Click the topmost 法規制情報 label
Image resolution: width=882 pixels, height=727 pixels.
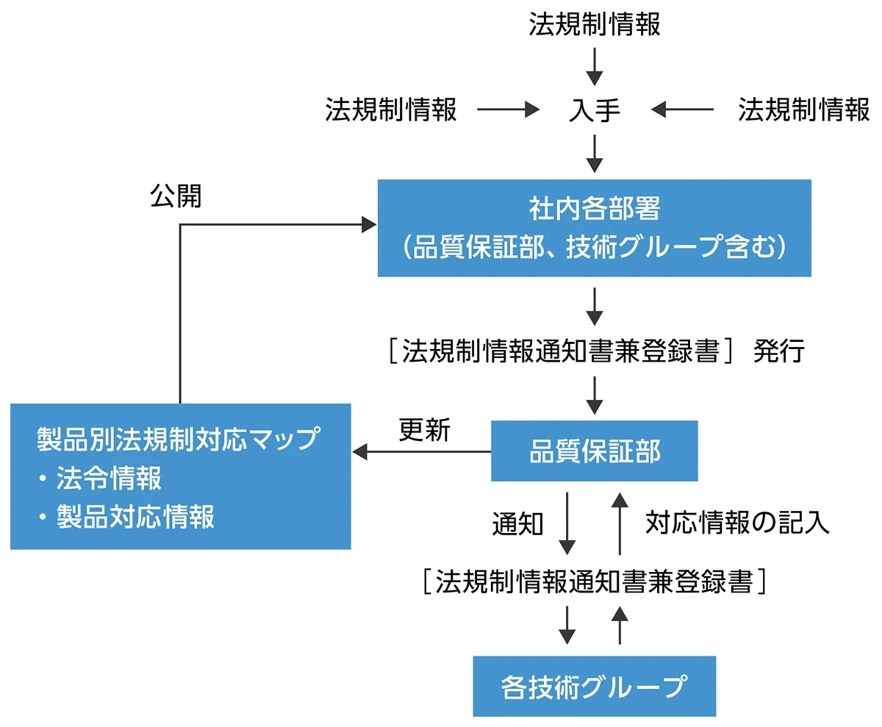pyautogui.click(x=595, y=25)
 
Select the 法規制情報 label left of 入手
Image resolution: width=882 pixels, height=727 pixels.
pyautogui.click(x=391, y=110)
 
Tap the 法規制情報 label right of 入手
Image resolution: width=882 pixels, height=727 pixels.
pyautogui.click(x=804, y=110)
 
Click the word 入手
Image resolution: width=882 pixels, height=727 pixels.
pyautogui.click(x=595, y=110)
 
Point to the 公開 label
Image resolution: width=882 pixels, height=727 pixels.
pyautogui.click(x=176, y=196)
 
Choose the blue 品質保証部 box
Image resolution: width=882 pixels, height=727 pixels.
pyautogui.click(x=594, y=451)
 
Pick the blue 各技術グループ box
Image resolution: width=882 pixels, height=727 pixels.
pyautogui.click(x=594, y=686)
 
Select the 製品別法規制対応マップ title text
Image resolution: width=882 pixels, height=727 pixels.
pyautogui.click(x=179, y=439)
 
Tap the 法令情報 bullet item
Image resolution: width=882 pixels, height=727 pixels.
pyautogui.click(x=109, y=479)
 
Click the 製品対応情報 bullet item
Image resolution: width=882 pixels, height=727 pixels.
pyautogui.click(x=135, y=518)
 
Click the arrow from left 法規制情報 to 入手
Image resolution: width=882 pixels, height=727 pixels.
pyautogui.click(x=508, y=110)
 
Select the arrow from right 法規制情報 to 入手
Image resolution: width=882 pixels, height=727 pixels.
pyautogui.click(x=682, y=110)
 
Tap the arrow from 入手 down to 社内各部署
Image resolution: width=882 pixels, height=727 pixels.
pyautogui.click(x=595, y=154)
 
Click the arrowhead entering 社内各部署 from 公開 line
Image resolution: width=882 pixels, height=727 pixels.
pyautogui.click(x=368, y=225)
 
